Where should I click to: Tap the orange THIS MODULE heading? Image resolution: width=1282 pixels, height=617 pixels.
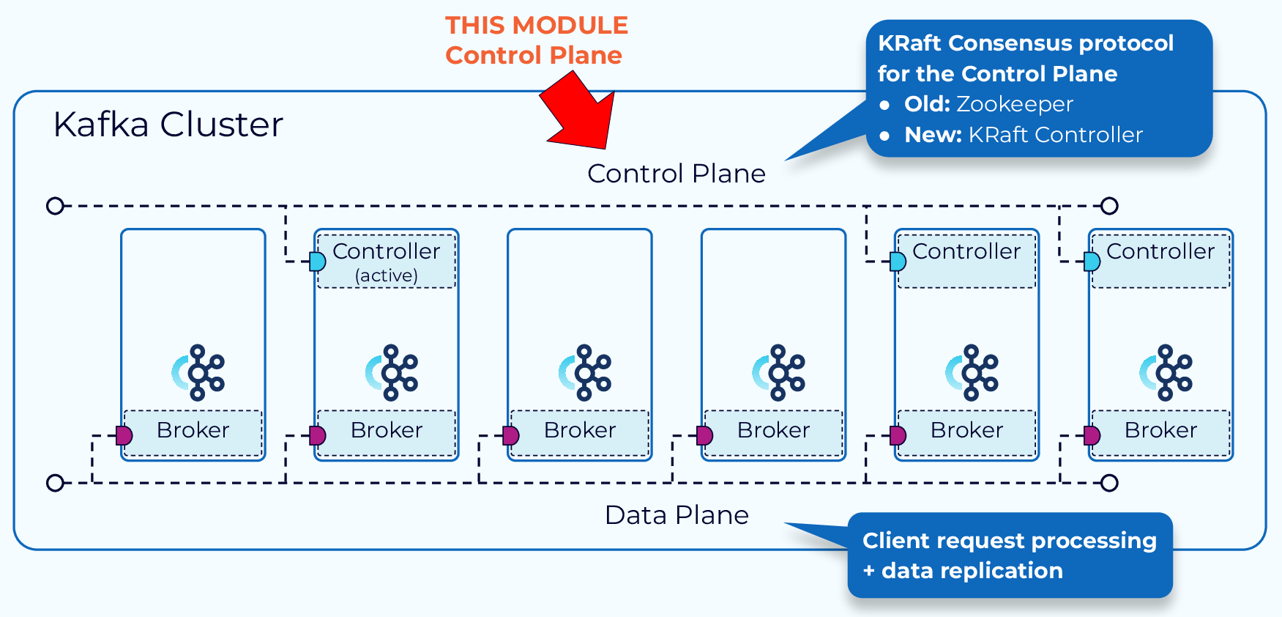point(537,26)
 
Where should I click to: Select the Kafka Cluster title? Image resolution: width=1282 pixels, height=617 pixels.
point(168,125)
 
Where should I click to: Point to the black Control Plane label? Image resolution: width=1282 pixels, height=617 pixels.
point(676,174)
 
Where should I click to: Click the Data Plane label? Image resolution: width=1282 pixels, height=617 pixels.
point(677,515)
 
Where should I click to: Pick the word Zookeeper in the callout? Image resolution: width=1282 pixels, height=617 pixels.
point(1014,104)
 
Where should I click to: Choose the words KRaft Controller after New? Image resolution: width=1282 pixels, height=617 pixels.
point(1055,135)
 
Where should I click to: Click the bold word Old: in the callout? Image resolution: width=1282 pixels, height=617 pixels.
point(927,104)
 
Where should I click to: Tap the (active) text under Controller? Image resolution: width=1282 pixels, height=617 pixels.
point(387,276)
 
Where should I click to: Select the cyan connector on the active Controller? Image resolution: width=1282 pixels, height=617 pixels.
point(318,262)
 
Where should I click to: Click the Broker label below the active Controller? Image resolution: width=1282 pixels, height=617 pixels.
point(387,430)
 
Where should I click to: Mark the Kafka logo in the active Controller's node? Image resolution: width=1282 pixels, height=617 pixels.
point(392,373)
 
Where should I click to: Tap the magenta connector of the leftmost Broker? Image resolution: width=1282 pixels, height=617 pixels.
point(124,436)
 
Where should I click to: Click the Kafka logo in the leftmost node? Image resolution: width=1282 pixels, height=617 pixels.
point(198,373)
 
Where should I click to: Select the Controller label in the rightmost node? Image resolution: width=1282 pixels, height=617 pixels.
point(1160,251)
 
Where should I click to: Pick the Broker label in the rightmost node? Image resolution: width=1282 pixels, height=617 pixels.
point(1160,430)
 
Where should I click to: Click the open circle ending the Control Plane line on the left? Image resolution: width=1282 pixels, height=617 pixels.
point(55,206)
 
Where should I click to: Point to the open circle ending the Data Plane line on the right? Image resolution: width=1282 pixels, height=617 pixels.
point(1110,483)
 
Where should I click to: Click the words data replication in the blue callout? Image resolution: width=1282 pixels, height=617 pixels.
point(972,571)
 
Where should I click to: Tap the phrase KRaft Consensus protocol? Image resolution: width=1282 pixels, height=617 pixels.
point(1025,43)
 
